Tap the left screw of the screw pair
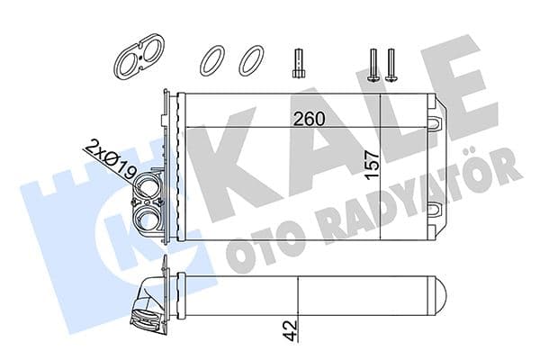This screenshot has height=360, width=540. (x=373, y=64)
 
